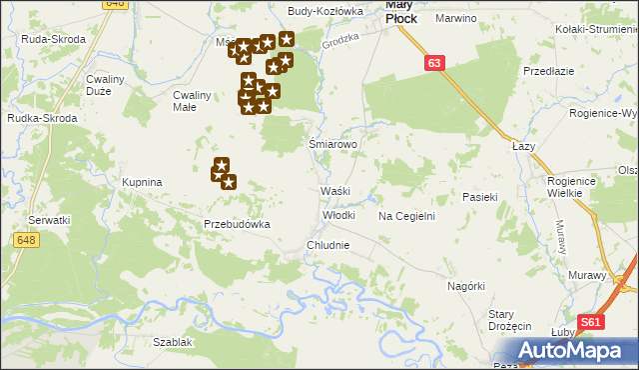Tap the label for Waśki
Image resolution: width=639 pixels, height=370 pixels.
point(332,191)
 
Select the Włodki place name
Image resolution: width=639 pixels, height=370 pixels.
point(338,215)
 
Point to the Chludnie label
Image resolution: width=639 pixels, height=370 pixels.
point(328,245)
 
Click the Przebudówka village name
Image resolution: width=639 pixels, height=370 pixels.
point(238,225)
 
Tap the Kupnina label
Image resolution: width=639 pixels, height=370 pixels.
point(142,183)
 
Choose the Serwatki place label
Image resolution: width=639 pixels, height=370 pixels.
point(49,219)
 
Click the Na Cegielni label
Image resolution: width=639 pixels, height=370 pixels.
point(406,216)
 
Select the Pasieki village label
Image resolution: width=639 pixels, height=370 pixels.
point(480,198)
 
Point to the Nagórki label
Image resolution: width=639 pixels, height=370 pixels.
point(466,286)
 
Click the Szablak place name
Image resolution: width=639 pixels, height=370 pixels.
point(173,342)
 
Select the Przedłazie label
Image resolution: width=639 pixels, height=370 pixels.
point(548,72)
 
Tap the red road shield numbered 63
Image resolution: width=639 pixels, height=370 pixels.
point(433,63)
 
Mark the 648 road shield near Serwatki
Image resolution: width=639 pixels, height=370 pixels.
point(26,239)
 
